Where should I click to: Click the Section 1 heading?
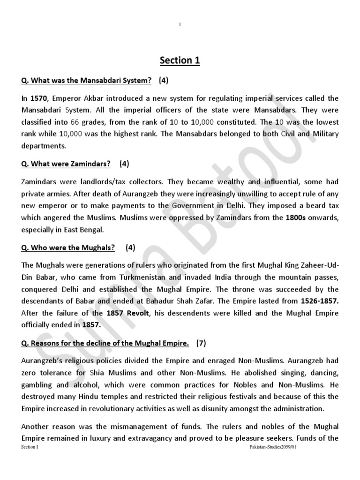[x=180, y=60]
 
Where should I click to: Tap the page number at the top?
[x=180, y=25]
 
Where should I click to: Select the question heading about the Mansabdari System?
[x=86, y=81]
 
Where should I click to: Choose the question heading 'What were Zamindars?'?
[x=66, y=164]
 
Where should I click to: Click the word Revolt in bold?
[x=137, y=313]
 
